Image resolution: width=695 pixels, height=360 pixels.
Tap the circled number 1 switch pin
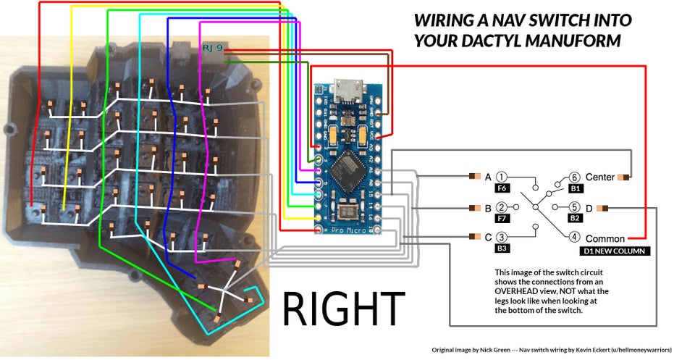pyautogui.click(x=502, y=177)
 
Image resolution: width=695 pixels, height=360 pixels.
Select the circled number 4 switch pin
pyautogui.click(x=574, y=236)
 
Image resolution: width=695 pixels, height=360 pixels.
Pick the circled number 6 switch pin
pyautogui.click(x=574, y=177)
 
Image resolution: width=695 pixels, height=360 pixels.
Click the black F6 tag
pyautogui.click(x=502, y=188)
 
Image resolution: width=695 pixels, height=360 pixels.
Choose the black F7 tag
pyautogui.click(x=502, y=218)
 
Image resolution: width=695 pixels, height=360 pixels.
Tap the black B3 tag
pyautogui.click(x=502, y=248)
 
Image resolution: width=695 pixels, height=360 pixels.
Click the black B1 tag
pyautogui.click(x=575, y=188)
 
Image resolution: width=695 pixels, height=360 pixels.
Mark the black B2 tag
pyautogui.click(x=575, y=218)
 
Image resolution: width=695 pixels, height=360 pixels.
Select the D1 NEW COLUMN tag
pyautogui.click(x=614, y=251)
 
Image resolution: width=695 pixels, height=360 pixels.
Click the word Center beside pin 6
pyautogui.click(x=600, y=177)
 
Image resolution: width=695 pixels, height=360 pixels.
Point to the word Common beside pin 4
pyautogui.click(x=605, y=238)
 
